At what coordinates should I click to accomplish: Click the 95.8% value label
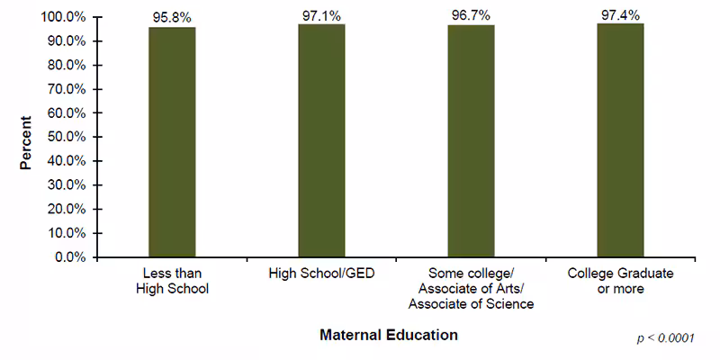[x=172, y=17]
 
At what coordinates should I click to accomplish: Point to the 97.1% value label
[x=321, y=14]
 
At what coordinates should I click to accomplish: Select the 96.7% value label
[x=471, y=15]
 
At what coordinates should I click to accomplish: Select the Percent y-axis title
[x=26, y=142]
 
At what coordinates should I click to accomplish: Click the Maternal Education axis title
[x=389, y=335]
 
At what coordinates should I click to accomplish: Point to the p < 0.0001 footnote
[x=665, y=338]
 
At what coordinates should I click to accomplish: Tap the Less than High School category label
[x=172, y=281]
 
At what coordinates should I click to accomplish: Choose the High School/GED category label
[x=321, y=274]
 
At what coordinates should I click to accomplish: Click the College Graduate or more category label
[x=620, y=281]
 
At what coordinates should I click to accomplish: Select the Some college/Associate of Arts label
[x=471, y=288]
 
